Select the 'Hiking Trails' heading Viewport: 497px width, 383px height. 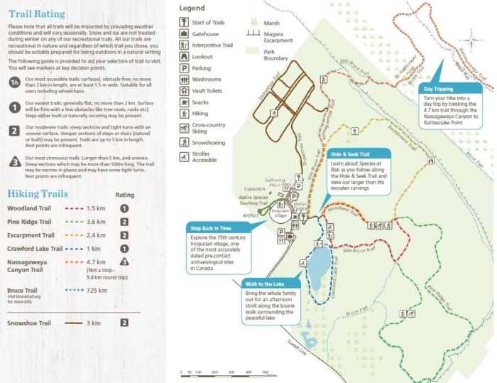(38, 193)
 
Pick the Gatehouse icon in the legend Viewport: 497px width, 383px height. (185, 33)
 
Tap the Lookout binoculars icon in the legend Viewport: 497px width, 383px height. (185, 56)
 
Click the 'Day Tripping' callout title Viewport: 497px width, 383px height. (438, 89)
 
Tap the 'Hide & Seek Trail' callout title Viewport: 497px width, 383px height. (350, 153)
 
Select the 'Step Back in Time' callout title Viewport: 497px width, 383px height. (212, 228)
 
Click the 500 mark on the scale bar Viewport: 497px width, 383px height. (265, 372)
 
